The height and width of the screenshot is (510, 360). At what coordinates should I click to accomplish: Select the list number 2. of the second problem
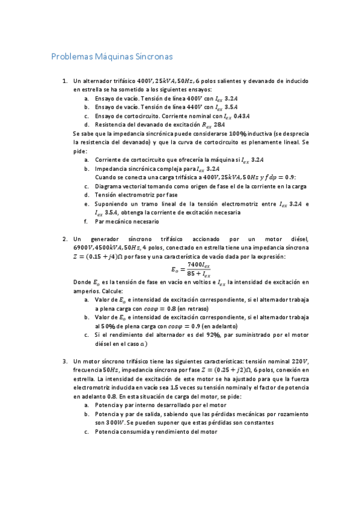(x=66, y=239)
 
